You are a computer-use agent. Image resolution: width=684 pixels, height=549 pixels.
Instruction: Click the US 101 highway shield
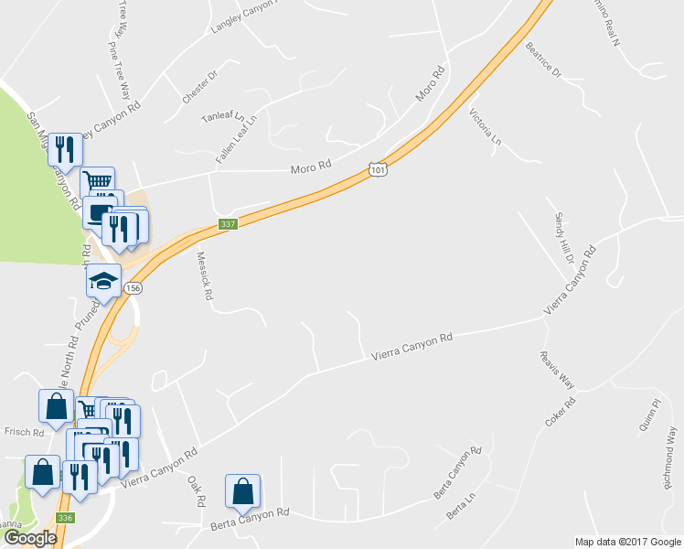click(378, 169)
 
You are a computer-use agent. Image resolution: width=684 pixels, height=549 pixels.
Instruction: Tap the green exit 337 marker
click(228, 224)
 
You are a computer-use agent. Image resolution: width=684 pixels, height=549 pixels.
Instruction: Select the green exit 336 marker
click(64, 517)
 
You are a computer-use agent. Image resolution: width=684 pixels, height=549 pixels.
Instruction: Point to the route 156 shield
click(134, 287)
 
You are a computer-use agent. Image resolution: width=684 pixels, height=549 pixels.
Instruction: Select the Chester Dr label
click(199, 86)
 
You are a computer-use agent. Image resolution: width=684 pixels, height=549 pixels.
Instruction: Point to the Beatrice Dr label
click(542, 60)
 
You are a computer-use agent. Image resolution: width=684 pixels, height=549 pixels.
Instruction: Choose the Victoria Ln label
click(486, 128)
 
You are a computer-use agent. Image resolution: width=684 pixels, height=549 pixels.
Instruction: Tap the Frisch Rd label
click(25, 432)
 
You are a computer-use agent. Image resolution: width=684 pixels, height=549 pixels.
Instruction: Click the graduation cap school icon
click(104, 280)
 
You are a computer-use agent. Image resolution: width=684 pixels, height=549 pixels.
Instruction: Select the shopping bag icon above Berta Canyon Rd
click(242, 491)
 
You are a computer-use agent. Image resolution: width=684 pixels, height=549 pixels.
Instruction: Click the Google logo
click(29, 538)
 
